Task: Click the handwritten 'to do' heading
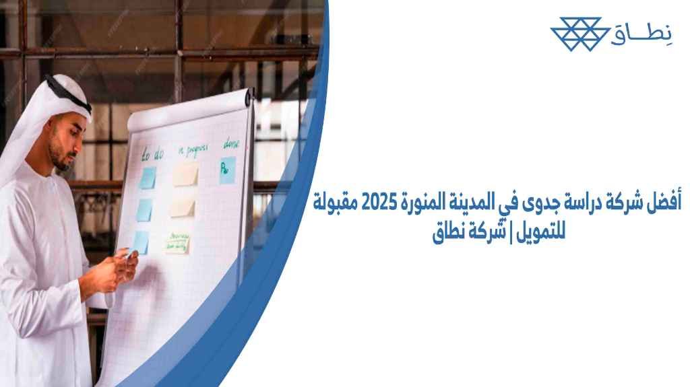(152, 155)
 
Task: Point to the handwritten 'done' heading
(232, 144)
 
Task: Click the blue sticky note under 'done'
(228, 170)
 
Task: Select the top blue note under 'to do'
(147, 178)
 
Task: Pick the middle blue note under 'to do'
(144, 209)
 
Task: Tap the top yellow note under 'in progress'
(185, 174)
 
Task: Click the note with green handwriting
(178, 244)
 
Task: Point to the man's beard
(59, 159)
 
